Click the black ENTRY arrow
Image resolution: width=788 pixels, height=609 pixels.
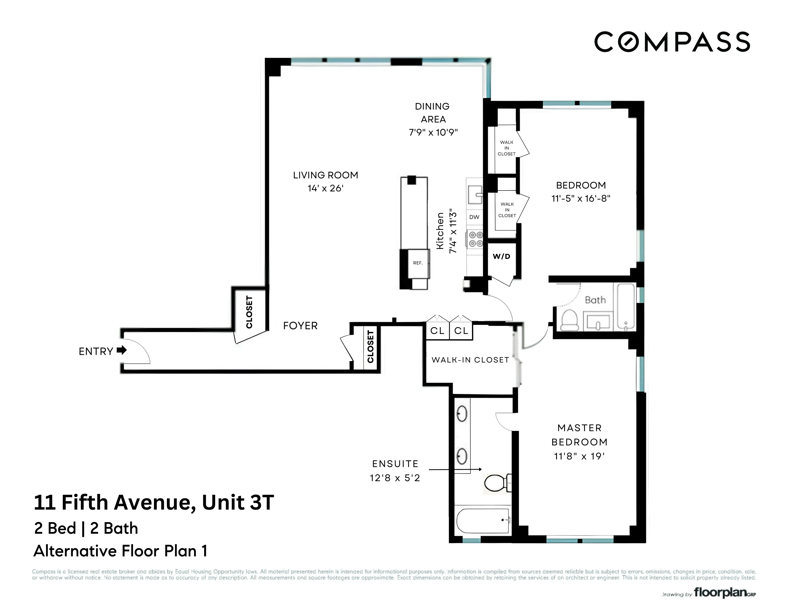click(122, 350)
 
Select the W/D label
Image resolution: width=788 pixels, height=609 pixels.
click(501, 257)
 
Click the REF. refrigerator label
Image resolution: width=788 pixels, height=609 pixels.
click(418, 263)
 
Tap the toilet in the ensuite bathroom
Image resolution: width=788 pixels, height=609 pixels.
click(497, 483)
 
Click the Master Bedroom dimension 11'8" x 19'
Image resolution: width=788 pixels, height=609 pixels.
click(579, 457)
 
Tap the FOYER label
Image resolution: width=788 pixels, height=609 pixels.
click(300, 326)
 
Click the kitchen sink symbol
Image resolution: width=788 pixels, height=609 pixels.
click(474, 195)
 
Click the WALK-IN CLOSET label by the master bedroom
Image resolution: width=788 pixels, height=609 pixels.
click(470, 360)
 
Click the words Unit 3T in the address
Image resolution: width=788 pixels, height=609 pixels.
click(238, 502)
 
